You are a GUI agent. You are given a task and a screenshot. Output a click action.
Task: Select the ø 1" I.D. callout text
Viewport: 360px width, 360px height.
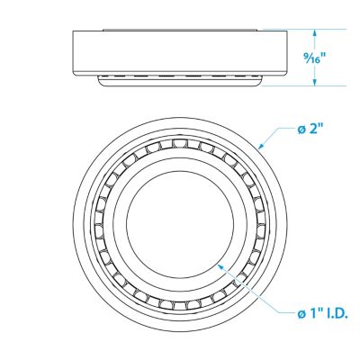click(323, 313)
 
